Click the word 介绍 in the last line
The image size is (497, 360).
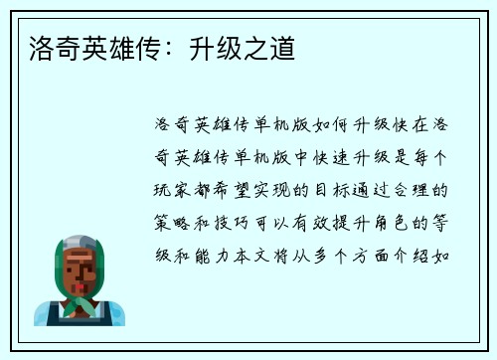(x=417, y=254)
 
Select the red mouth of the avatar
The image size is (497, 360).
(x=81, y=280)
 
